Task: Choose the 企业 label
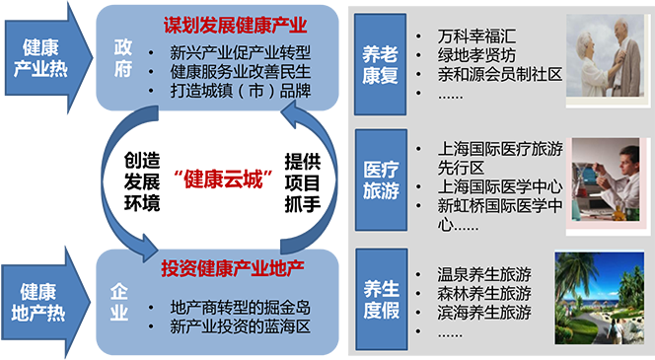coord(120,302)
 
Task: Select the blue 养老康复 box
coord(381,62)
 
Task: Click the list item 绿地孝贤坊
coord(478,55)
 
